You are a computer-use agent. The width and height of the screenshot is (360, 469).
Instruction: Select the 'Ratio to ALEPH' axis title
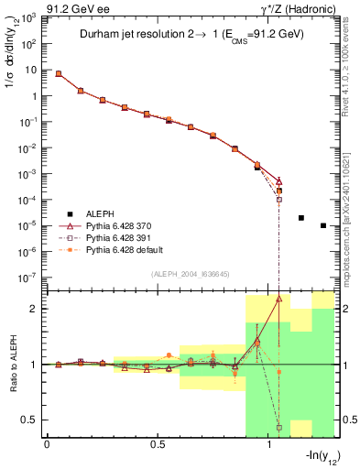(14, 365)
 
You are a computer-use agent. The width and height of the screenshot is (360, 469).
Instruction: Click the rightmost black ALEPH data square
(323, 225)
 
